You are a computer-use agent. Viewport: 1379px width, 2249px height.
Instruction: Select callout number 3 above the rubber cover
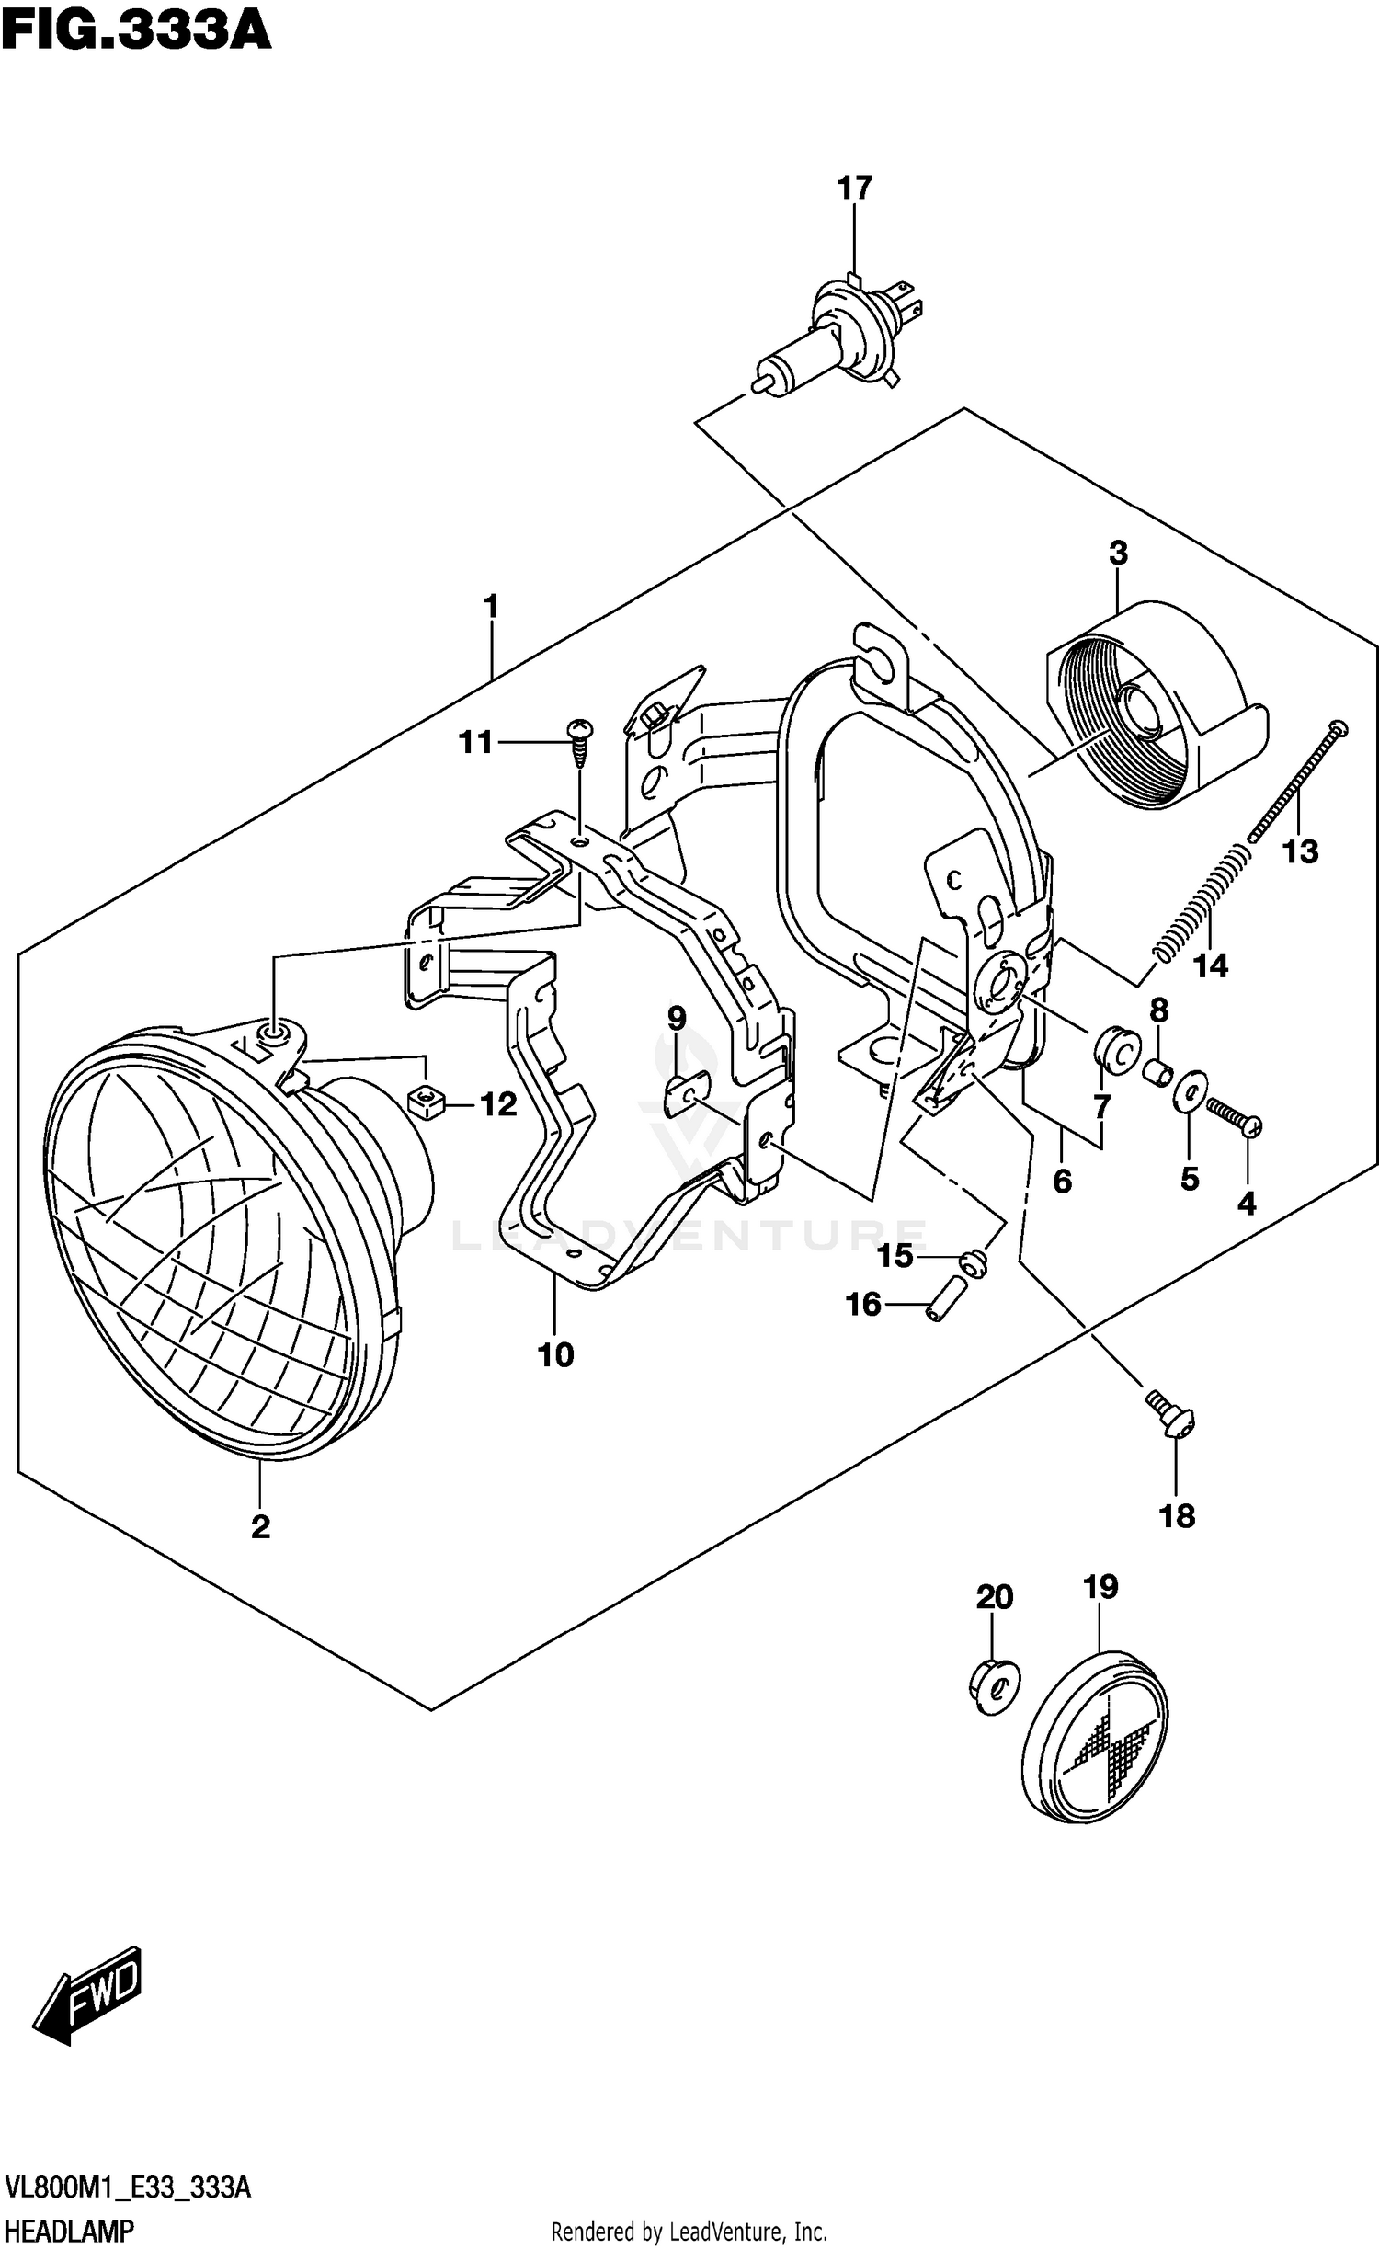1117,554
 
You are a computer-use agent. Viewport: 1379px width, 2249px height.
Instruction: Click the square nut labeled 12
425,1100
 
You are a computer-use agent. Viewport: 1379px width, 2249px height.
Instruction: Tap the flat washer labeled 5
1191,1091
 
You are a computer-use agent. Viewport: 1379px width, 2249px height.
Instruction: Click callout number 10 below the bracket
555,1354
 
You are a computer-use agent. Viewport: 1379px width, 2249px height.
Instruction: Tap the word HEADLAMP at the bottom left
69,2224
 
